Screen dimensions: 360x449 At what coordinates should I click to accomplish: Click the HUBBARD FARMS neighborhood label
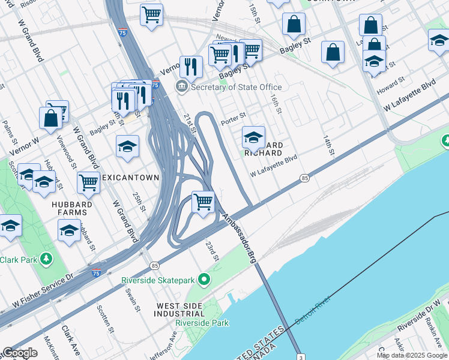pos(71,209)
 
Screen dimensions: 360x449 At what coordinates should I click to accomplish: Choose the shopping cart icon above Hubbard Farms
pos(88,182)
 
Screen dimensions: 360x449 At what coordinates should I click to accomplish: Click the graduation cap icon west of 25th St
pos(127,146)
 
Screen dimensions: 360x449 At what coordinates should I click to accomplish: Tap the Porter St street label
pos(234,116)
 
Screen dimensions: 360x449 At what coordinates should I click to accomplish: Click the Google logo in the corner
pos(20,353)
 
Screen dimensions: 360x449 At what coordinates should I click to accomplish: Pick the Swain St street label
pos(136,300)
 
